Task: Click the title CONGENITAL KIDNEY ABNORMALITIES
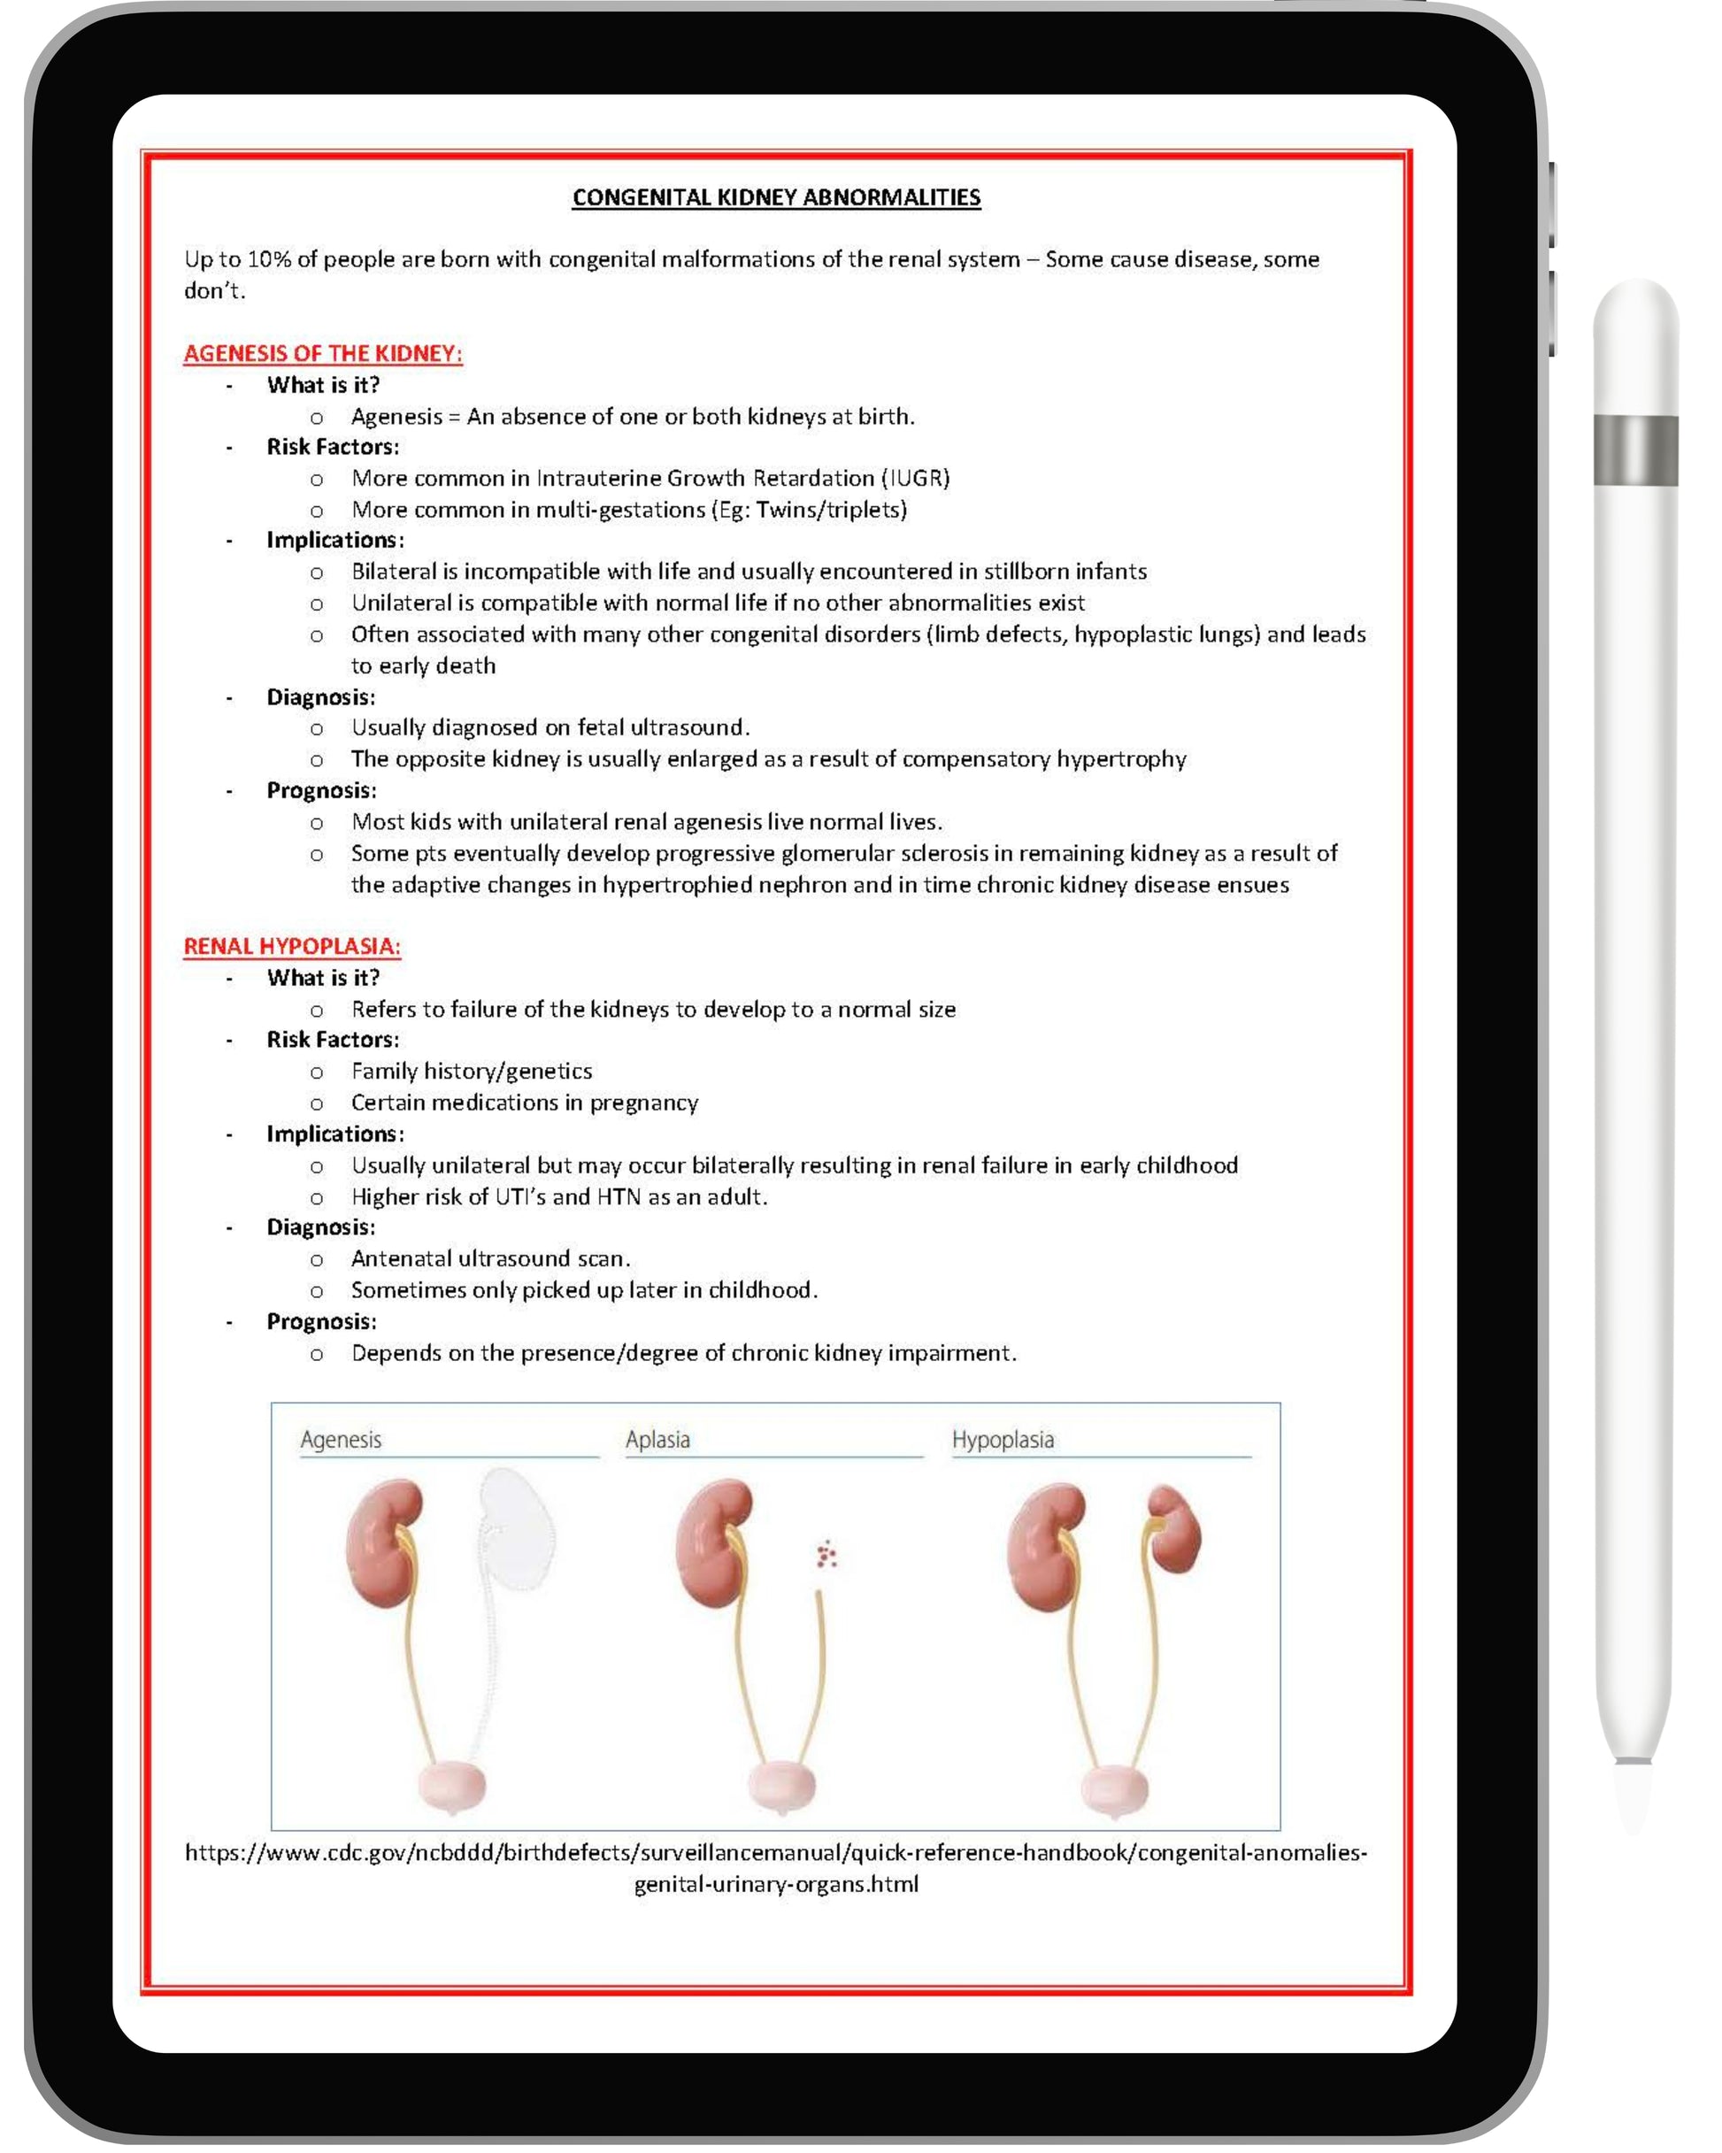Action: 776,197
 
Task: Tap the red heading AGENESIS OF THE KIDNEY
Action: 323,353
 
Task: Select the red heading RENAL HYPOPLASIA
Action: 292,947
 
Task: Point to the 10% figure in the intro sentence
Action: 268,259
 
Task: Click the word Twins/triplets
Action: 831,511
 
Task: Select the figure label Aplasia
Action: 657,1440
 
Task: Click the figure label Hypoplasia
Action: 1002,1440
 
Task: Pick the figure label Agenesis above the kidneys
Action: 341,1440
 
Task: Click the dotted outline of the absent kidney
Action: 517,1528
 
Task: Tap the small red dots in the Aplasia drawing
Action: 825,1554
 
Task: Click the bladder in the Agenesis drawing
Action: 451,1787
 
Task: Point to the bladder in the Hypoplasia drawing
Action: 1115,1787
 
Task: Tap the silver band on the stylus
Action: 1635,450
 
